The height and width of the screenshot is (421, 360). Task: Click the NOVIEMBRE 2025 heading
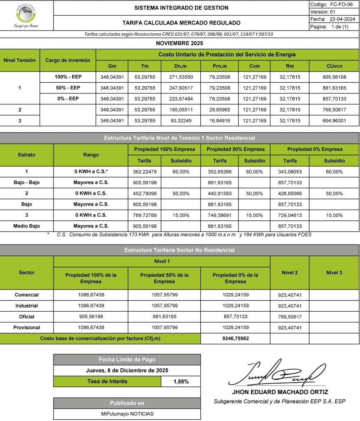click(180, 43)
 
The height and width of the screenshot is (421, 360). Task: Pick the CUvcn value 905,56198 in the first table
click(334, 77)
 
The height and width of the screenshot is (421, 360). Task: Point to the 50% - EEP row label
click(67, 88)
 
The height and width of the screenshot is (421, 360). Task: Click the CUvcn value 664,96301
click(334, 121)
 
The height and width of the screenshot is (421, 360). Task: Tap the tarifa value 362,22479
click(144, 171)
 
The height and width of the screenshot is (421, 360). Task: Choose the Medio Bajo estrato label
click(26, 226)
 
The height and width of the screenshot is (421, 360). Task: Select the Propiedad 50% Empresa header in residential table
click(235, 149)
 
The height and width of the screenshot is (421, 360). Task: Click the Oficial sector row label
click(26, 317)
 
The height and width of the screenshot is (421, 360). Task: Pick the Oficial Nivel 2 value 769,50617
click(289, 317)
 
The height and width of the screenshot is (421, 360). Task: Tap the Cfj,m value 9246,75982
click(235, 339)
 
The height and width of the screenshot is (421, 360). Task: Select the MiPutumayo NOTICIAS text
click(127, 414)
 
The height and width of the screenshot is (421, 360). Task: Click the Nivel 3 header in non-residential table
click(334, 273)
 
